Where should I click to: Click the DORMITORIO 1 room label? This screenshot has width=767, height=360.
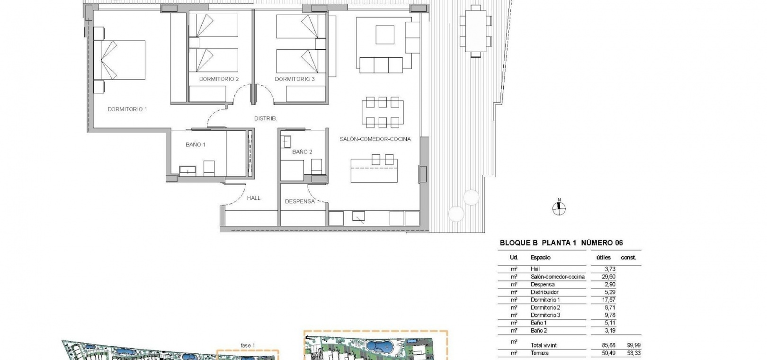tap(127, 109)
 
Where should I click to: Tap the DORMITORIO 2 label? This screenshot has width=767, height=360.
tap(219, 79)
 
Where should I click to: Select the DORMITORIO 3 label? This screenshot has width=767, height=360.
tap(294, 79)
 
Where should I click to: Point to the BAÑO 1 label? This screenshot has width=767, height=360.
tap(195, 144)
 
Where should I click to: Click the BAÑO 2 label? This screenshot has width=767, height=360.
tap(302, 152)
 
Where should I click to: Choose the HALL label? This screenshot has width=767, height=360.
tap(254, 198)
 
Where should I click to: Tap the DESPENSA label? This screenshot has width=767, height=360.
tap(300, 201)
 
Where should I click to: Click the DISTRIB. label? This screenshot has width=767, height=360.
tap(266, 118)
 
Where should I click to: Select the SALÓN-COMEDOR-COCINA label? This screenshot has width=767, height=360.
tap(375, 139)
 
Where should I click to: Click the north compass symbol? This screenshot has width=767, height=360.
tap(559, 208)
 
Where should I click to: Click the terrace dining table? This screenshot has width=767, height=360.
tap(476, 31)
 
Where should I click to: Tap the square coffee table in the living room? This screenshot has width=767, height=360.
tap(385, 35)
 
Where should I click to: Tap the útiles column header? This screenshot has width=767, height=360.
tap(604, 257)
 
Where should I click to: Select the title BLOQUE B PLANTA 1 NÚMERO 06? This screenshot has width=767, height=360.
tap(561, 243)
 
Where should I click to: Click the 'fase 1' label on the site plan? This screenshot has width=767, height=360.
tap(248, 346)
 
